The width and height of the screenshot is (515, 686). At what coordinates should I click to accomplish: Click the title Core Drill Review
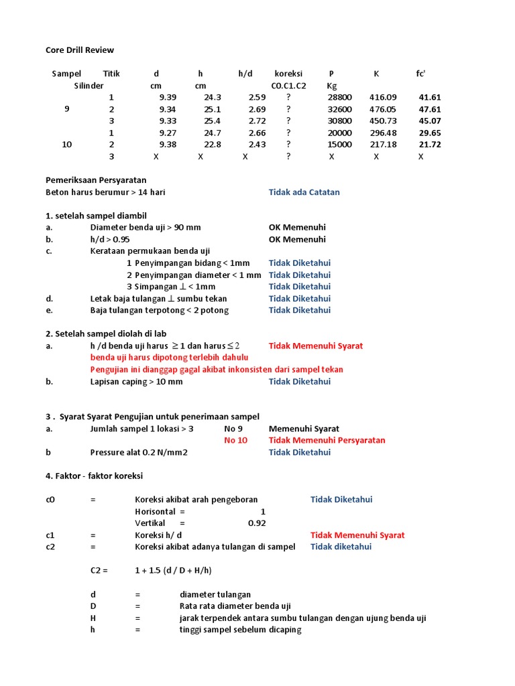[80, 50]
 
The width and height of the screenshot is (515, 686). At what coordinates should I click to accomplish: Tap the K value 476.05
[383, 109]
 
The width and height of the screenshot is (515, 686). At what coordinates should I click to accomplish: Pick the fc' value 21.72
[430, 145]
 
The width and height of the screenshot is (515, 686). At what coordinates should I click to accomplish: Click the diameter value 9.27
[168, 133]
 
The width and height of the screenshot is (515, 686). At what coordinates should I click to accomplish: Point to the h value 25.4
[212, 121]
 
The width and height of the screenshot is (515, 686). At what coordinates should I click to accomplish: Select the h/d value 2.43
[257, 145]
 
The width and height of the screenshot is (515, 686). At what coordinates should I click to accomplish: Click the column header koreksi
[288, 74]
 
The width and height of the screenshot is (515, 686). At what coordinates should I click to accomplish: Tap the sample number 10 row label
[67, 145]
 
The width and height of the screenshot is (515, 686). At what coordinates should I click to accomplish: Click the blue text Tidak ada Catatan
[304, 192]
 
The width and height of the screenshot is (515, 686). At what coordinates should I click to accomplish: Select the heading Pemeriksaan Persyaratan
[96, 180]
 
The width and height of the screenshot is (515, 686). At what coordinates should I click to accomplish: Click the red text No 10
[235, 440]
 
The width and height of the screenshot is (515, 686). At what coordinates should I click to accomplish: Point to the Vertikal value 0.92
[257, 523]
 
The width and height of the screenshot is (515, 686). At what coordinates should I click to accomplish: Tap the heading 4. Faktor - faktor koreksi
[94, 476]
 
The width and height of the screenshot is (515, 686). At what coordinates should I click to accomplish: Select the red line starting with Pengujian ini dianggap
[217, 370]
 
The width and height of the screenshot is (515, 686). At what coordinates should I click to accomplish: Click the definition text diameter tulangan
[215, 594]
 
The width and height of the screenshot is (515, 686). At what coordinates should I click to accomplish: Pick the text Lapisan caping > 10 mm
[136, 382]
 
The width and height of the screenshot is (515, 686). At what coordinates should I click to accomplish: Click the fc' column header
[420, 74]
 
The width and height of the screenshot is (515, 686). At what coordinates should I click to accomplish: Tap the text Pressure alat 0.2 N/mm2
[139, 452]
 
